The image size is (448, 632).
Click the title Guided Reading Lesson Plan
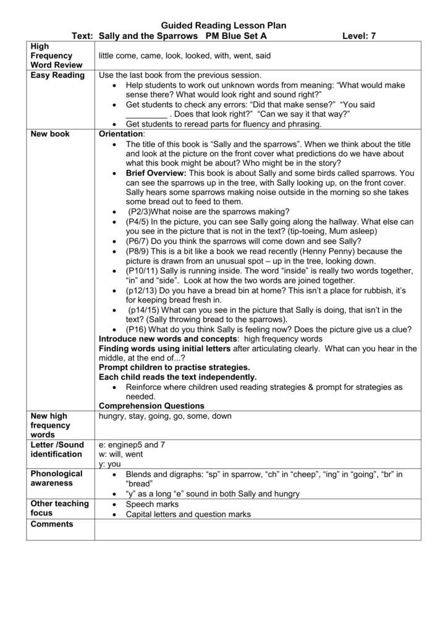(x=224, y=25)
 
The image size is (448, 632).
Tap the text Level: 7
(x=359, y=36)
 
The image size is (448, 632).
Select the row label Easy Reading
(x=57, y=75)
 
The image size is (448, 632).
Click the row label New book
(x=50, y=133)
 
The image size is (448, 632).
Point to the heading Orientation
(x=121, y=133)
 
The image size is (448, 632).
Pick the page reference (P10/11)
(x=142, y=271)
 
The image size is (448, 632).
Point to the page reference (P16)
(x=136, y=330)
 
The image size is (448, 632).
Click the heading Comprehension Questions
(x=151, y=405)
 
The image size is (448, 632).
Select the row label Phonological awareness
(x=56, y=478)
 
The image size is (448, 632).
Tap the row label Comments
(x=52, y=524)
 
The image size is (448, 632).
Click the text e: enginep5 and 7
(x=132, y=444)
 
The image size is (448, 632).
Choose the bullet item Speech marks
(x=152, y=504)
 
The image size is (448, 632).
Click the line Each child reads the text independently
(x=177, y=376)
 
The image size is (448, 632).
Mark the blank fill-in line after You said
(x=146, y=115)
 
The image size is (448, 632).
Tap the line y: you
(x=110, y=464)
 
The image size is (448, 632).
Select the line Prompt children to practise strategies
(x=170, y=367)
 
